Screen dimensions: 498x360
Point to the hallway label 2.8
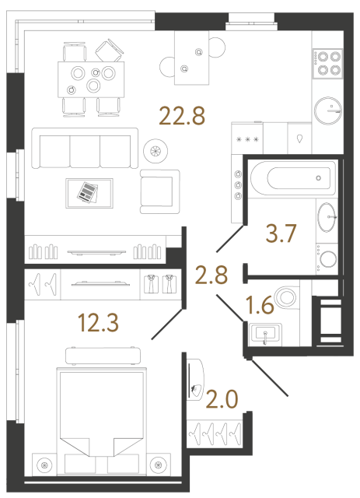point(212,276)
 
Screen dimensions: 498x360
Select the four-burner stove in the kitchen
point(328,62)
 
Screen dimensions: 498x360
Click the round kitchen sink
point(328,110)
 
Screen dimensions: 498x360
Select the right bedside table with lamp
point(159,465)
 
